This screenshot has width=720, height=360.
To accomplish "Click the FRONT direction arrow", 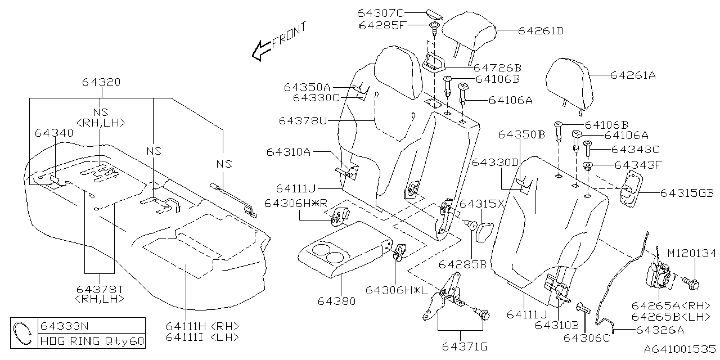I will coord(261,49).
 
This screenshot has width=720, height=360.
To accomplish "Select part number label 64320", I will coord(101,82).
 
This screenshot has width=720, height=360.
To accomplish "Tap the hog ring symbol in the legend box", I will coord(24,332).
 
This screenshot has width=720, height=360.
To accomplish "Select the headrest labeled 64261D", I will coord(468,35).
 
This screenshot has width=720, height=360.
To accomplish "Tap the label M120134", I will coord(692,254).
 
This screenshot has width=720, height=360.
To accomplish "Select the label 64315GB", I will coord(687,193).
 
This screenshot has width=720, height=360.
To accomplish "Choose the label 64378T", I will coord(101,289).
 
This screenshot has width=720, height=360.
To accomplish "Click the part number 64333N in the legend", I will coord(63,325).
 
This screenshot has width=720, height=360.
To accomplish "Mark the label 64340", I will coord(54,133).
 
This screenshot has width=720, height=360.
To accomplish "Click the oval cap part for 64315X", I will coord(484,230).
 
